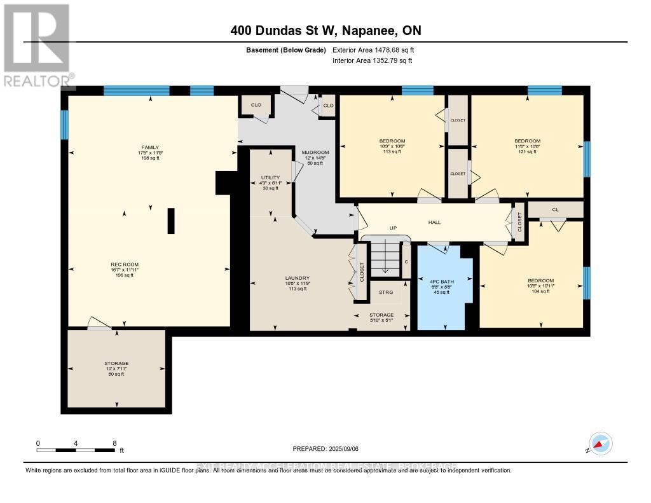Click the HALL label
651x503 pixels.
click(x=435, y=222)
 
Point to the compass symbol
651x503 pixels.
click(x=601, y=443)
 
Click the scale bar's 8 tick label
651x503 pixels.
click(x=114, y=443)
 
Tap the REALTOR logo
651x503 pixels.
click(x=36, y=45)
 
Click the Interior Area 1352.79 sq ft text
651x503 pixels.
click(x=373, y=60)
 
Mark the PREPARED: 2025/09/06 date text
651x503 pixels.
click(x=325, y=448)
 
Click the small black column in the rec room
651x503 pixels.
click(x=171, y=221)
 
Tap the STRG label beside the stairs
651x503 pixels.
click(x=386, y=293)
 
